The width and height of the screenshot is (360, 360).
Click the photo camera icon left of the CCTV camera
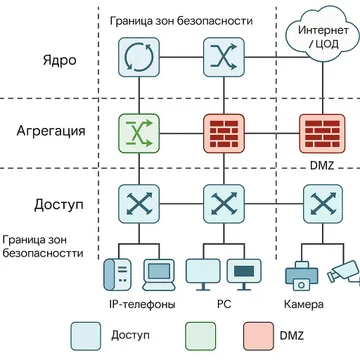(299, 274)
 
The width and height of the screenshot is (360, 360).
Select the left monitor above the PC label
(202, 271)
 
